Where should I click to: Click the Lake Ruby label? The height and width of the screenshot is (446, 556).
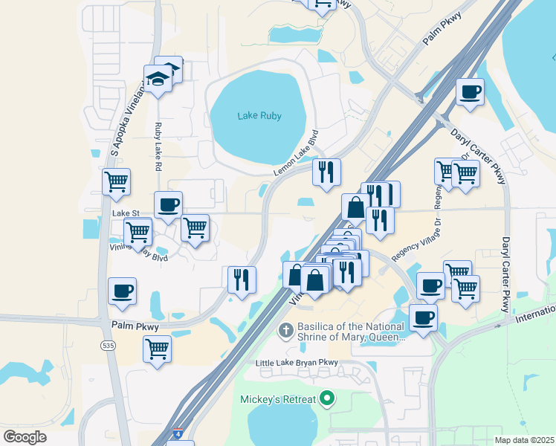click(x=258, y=116)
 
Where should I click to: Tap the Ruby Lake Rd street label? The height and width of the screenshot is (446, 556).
click(x=158, y=147)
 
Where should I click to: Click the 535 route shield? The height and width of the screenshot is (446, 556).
click(x=108, y=345)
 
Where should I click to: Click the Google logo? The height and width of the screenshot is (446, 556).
click(x=25, y=436)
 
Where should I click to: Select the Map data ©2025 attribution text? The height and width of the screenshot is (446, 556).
click(x=524, y=440)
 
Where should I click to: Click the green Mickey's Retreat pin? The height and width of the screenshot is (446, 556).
click(x=324, y=398)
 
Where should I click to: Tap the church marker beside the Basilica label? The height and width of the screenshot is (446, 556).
click(x=284, y=329)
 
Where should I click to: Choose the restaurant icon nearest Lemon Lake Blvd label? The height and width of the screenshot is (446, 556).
click(x=326, y=173)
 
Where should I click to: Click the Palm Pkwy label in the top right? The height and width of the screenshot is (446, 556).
click(x=442, y=29)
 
